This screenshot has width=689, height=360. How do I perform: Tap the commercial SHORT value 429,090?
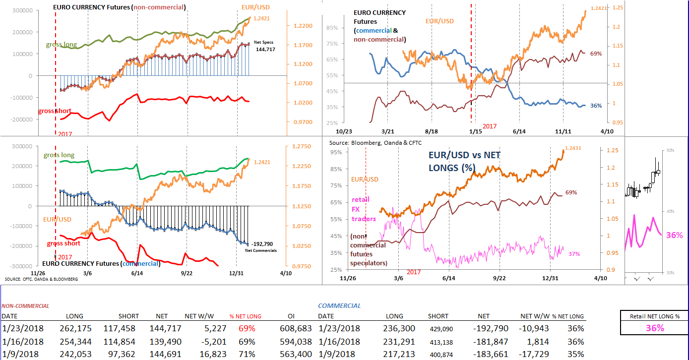pos(438,328)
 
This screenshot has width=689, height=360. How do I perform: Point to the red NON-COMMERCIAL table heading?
pos(25,306)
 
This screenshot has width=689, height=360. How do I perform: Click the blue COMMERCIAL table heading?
pos(339,306)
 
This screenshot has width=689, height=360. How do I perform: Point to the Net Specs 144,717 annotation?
pos(265,46)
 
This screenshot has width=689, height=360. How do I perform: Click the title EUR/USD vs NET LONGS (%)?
pos(464,161)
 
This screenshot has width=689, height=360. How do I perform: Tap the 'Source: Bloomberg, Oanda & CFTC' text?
pos(369,143)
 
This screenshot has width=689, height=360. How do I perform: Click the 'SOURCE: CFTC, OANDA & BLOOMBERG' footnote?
pos(41,279)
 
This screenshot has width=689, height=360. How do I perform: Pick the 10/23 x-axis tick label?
pos(343,131)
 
